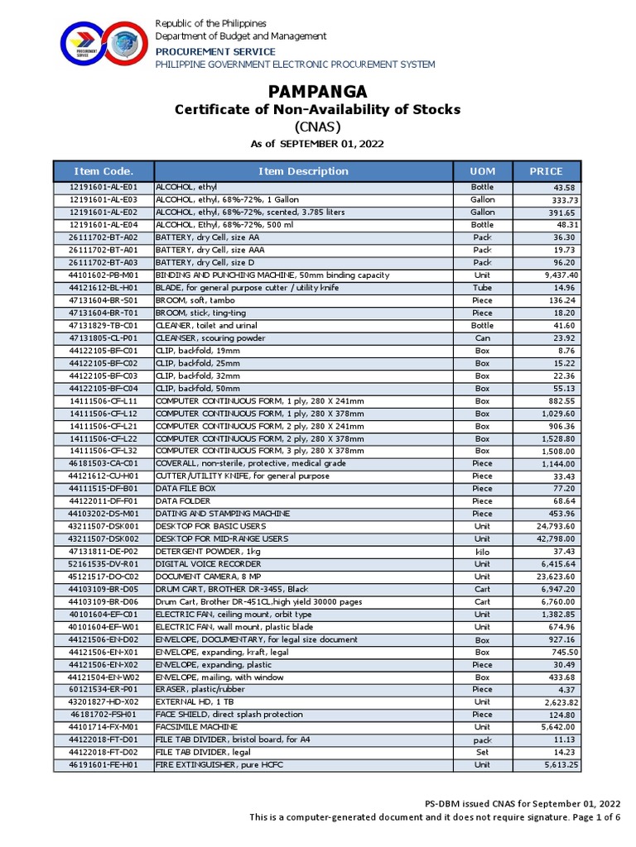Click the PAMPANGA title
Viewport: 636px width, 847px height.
318,91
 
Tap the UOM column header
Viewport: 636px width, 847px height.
482,171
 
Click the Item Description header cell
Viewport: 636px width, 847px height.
303,171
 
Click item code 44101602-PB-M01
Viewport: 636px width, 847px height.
104,275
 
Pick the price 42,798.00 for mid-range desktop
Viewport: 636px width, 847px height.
557,538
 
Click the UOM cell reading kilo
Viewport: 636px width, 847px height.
482,551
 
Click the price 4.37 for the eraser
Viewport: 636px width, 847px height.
567,689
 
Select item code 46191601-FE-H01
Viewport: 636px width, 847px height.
104,765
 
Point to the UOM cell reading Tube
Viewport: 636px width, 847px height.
482,288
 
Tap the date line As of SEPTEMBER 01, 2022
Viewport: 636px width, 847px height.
318,144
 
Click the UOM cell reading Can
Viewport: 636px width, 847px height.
482,338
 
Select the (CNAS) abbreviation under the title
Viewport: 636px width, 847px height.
318,127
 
